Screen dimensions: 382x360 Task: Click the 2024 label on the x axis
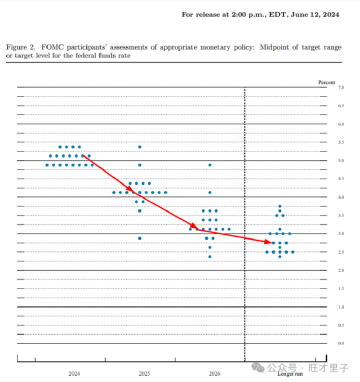tap(74, 373)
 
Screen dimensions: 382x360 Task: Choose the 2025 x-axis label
tap(144, 373)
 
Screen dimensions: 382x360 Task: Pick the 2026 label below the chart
tap(214, 373)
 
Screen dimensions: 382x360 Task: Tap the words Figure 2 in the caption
tap(20, 47)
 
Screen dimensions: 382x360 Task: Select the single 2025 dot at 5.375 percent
tap(140, 147)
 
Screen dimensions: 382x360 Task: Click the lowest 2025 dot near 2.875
tap(140, 238)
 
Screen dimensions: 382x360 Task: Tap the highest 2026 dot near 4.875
tap(210, 165)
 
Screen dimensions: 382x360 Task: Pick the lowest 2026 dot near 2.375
tap(210, 256)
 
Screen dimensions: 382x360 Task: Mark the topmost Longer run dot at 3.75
tap(280, 206)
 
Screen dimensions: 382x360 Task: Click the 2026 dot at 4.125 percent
tap(210, 192)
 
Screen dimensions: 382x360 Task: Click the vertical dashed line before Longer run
tap(245, 225)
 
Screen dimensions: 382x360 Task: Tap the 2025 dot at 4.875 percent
tap(140, 165)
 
